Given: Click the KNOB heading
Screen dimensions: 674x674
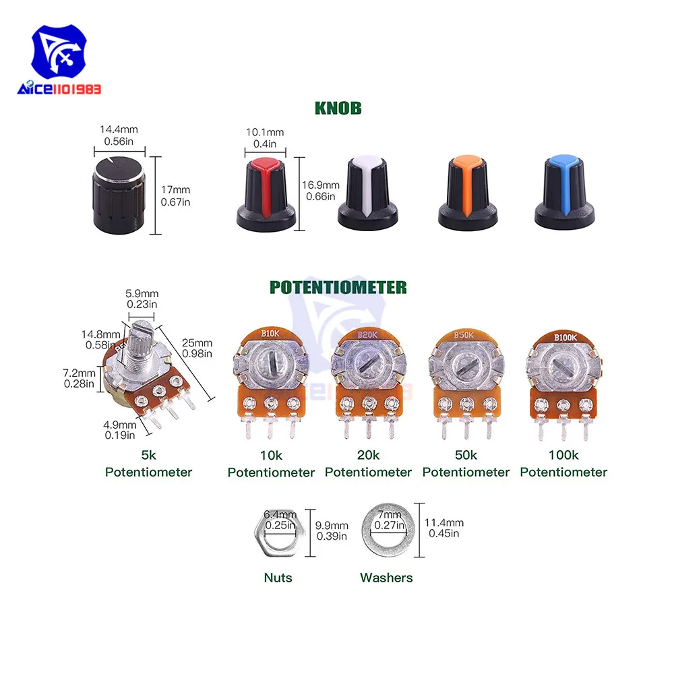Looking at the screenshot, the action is click(338, 107).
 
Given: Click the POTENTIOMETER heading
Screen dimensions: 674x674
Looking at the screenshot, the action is click(338, 287).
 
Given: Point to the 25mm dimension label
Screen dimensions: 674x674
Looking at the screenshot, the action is click(197, 343).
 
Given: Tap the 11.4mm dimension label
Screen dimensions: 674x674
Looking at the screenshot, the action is click(444, 522).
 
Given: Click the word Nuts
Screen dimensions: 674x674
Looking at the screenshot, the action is click(278, 578).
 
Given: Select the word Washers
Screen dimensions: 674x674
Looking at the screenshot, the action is click(386, 578).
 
